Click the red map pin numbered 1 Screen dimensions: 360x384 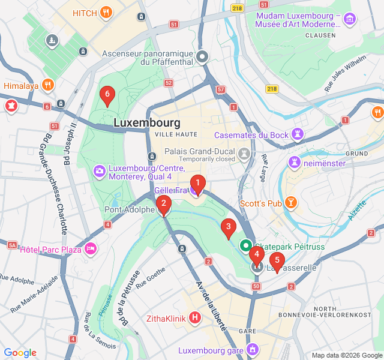pyautogui.click(x=197, y=185)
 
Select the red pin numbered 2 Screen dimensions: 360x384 pyautogui.click(x=163, y=205)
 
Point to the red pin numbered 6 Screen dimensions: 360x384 pyautogui.click(x=107, y=95)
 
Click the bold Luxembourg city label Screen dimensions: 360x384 pyautogui.click(x=146, y=122)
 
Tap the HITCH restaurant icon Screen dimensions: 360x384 pyautogui.click(x=106, y=12)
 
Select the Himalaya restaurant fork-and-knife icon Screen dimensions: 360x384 pyautogui.click(x=49, y=86)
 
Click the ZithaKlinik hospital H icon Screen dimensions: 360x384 pyautogui.click(x=194, y=317)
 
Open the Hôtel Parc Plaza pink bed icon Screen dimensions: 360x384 pyautogui.click(x=91, y=248)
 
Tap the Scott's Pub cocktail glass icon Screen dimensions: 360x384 pyautogui.click(x=291, y=203)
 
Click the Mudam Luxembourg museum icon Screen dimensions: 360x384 pyautogui.click(x=350, y=19)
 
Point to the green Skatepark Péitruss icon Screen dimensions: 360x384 pyautogui.click(x=246, y=245)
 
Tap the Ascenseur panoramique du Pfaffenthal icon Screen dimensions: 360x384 pyautogui.click(x=202, y=58)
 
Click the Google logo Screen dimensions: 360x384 pyautogui.click(x=20, y=353)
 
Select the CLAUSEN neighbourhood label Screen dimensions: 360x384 pyautogui.click(x=320, y=35)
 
